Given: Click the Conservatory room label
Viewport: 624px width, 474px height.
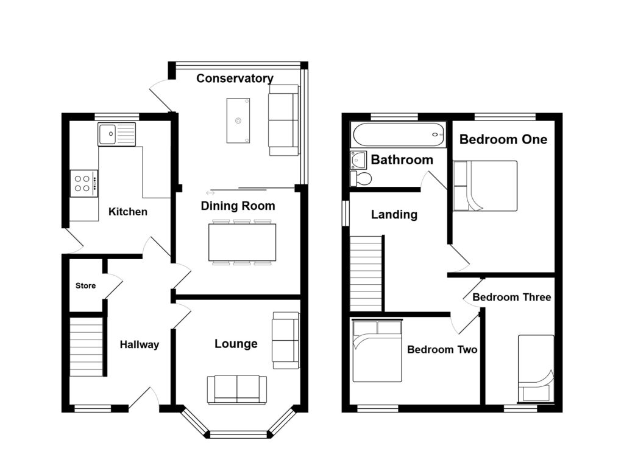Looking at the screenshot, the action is (x=235, y=78).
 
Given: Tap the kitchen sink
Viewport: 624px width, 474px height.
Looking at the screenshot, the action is (x=116, y=134).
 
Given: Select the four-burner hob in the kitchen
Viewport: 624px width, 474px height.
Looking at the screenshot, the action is (x=84, y=183).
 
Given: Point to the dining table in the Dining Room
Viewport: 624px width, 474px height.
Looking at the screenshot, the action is (x=242, y=242).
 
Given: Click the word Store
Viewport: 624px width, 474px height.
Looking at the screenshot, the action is (x=85, y=285).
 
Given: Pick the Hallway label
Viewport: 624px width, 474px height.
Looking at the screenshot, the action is (x=140, y=344).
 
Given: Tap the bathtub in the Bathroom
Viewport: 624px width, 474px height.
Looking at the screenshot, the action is (x=399, y=134).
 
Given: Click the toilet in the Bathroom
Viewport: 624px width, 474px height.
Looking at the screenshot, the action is (x=361, y=178).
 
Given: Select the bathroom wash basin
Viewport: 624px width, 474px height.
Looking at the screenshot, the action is (x=358, y=159).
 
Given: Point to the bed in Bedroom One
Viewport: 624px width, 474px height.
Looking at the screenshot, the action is (x=485, y=186).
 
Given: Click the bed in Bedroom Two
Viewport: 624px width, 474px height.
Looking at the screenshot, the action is (x=377, y=351).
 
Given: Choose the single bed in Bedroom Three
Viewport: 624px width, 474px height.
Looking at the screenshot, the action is (x=536, y=369).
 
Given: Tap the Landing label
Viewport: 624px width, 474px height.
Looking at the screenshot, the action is (x=394, y=215).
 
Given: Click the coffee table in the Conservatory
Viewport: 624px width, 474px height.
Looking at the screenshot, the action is (x=238, y=120).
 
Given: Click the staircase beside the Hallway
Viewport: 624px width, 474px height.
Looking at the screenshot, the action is (x=87, y=346).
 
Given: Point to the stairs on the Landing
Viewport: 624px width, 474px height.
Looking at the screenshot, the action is (x=366, y=274).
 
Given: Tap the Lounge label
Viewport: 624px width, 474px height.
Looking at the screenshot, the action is (x=236, y=344).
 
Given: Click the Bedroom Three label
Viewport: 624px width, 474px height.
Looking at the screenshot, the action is (x=512, y=297).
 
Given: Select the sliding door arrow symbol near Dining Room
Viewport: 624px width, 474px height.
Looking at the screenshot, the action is (x=210, y=193).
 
